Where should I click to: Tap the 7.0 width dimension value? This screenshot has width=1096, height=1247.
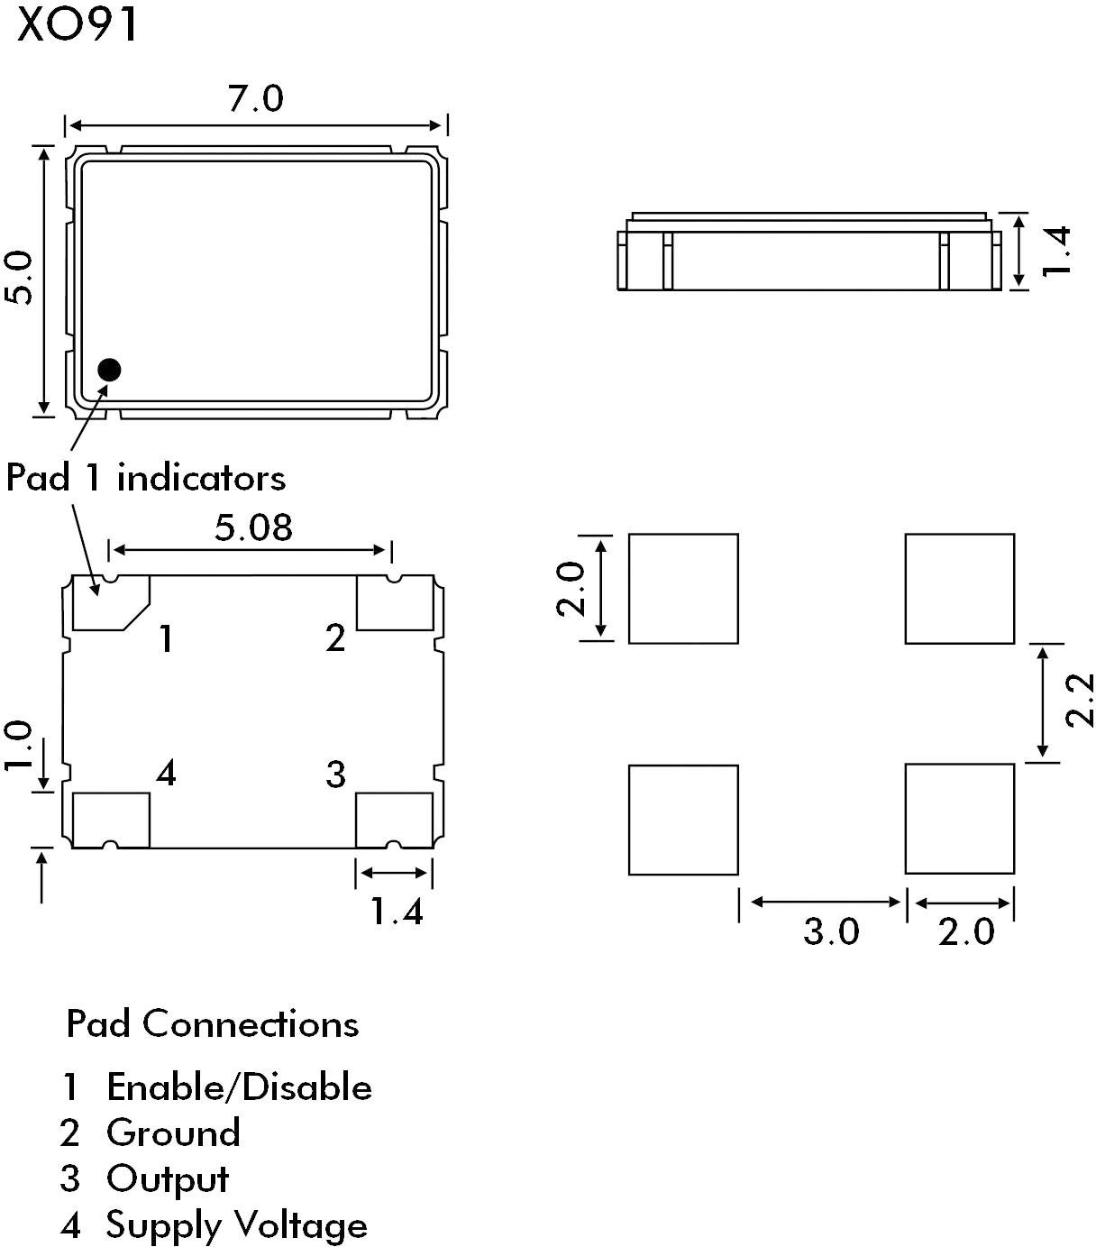coord(255,98)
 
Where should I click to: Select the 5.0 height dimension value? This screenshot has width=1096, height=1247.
coord(19,279)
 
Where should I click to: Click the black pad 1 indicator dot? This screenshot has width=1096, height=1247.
coord(109,369)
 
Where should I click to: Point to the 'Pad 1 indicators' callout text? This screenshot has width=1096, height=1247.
coord(146,477)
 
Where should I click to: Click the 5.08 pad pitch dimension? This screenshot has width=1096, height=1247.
coord(253,527)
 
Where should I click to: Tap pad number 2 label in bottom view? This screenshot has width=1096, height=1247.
coord(335,638)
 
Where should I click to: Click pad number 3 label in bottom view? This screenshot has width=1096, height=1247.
coord(335,774)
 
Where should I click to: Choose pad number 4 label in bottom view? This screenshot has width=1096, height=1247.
coord(166,773)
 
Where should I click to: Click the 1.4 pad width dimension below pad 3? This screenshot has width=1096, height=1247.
coord(397,912)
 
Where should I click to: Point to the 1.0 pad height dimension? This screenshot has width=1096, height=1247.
coord(19,745)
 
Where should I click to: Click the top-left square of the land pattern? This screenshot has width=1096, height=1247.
coord(683,588)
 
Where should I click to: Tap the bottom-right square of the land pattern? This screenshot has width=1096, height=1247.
coord(959,819)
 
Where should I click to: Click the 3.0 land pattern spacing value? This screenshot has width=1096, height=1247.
coord(831,931)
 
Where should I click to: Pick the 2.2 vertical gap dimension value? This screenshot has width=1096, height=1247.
coord(1078,700)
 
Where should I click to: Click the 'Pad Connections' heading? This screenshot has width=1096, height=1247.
coord(213,1024)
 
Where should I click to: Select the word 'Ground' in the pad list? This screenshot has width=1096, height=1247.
coord(173,1132)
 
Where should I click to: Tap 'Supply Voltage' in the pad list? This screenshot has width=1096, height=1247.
coord(236,1224)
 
